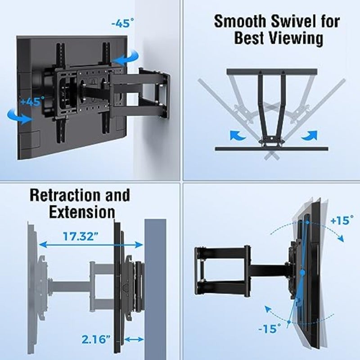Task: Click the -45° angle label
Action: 122,23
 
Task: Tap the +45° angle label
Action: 32,101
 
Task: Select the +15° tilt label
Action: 342,220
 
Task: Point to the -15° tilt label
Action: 270,328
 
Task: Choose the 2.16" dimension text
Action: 96,339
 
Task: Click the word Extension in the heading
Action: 82,211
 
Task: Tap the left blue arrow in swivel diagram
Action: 238,135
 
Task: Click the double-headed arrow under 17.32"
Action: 91,245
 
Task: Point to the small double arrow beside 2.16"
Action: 134,339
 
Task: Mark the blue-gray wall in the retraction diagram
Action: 155,289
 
